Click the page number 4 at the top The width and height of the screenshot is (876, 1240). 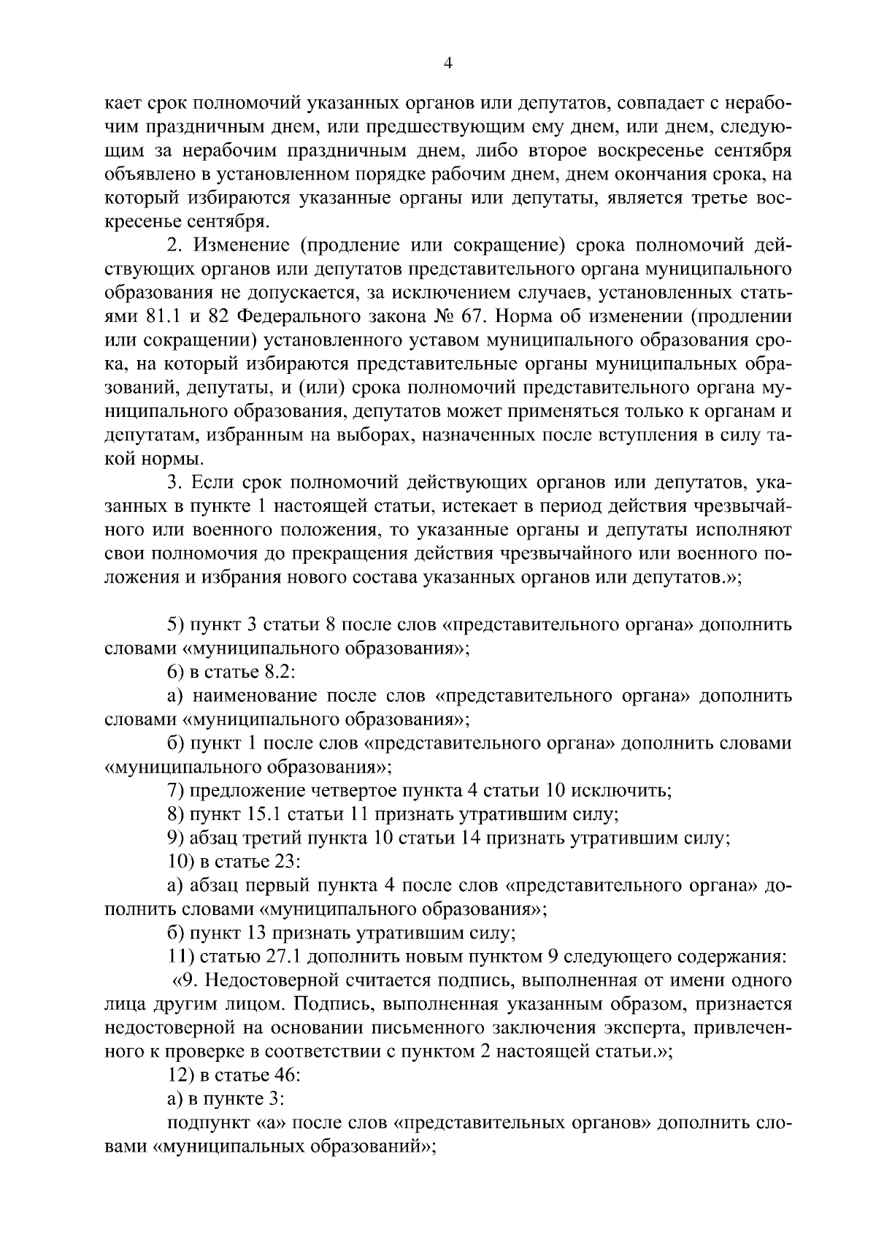click(448, 64)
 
